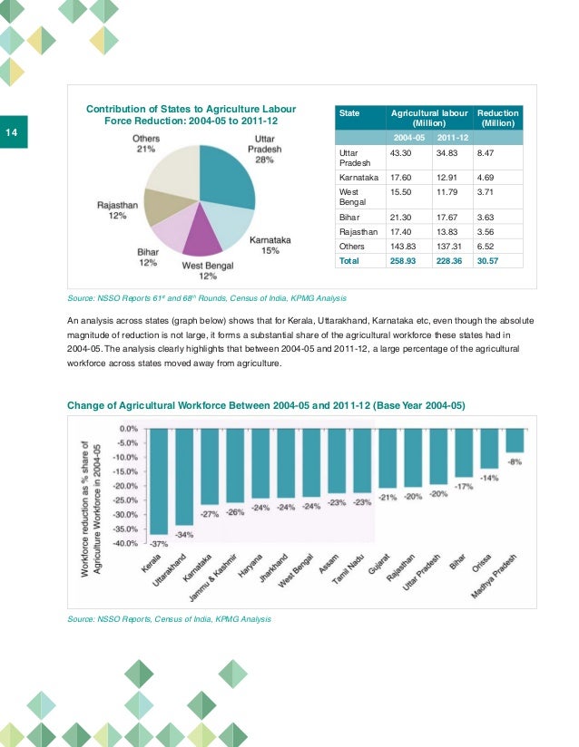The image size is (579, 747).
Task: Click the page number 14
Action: tap(13, 133)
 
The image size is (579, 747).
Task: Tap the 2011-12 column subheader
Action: tap(451, 137)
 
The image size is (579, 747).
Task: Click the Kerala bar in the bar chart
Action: tap(159, 480)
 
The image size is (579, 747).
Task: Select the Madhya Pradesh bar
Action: tap(515, 440)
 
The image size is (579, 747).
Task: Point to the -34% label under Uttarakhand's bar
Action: tap(184, 534)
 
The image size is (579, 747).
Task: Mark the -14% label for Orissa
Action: tap(489, 478)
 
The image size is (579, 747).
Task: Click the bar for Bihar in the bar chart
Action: tap(464, 452)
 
